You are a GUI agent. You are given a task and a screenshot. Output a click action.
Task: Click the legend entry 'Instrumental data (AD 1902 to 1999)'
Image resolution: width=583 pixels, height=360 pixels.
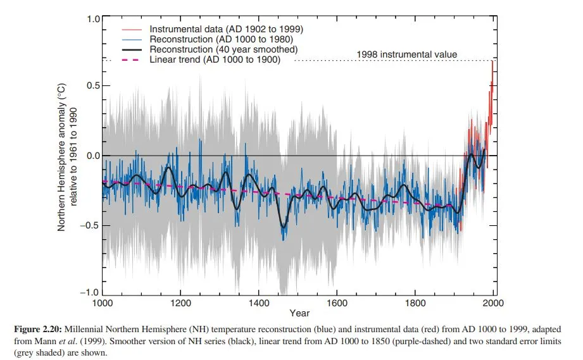coord(225,29)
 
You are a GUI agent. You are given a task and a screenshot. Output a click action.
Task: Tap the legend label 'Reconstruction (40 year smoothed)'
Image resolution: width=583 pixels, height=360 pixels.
coord(223,49)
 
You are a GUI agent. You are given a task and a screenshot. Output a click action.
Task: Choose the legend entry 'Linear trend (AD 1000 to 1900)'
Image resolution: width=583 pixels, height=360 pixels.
coord(215,59)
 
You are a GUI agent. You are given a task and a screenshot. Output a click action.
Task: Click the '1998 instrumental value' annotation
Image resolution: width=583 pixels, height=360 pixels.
coord(406,54)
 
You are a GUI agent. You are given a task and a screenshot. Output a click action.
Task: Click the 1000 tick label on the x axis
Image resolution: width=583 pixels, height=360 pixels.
coord(103,303)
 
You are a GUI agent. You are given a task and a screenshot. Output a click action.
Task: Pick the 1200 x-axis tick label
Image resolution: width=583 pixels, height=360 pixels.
coord(181,303)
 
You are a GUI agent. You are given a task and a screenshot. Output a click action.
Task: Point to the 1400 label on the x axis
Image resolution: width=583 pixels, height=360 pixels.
coord(259,303)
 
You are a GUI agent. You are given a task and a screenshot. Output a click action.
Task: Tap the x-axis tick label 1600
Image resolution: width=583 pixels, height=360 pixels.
coord(337,303)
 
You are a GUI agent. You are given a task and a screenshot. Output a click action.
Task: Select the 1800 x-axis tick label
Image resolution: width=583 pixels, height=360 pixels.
coord(415,303)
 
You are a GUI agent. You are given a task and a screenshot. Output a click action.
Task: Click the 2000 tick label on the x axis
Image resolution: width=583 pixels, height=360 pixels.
coord(493,303)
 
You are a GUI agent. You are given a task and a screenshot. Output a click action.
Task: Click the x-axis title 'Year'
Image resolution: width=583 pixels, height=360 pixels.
coord(299,313)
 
